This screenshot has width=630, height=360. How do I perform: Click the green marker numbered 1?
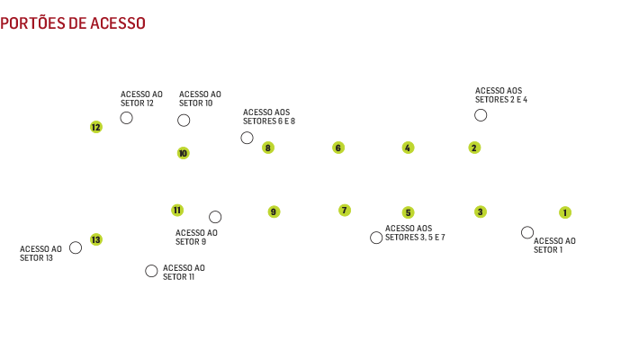pos(565,213)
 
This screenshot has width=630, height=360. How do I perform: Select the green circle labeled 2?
pos(474,148)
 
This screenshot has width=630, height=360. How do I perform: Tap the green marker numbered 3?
pos(481,212)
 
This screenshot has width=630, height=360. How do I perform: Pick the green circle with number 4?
pos(408,148)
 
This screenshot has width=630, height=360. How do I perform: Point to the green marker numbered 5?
pos(408,213)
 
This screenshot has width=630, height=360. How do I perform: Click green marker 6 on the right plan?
pos(338,148)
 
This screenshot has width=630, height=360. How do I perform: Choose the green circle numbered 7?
pos(345,211)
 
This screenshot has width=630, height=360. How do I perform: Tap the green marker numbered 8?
pos(268,148)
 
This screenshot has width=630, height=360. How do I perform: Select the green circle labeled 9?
pos(274,212)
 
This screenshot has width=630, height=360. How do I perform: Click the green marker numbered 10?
pos(183,153)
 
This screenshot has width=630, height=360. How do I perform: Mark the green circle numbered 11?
pos(177,211)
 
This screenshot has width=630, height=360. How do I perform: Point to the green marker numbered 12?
pos(96,128)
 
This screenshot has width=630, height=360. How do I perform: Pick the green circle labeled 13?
pos(96,239)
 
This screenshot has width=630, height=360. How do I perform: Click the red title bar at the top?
pos(79,22)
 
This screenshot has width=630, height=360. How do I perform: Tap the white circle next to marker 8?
pos(247,138)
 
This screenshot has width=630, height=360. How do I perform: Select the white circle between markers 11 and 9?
pos(215,217)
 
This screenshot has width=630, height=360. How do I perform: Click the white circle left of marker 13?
pos(76,247)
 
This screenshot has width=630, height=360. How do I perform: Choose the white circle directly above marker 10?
pos(184,120)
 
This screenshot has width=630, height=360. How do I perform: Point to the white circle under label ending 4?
pos(481,115)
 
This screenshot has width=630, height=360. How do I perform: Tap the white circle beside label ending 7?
pos(376,238)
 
